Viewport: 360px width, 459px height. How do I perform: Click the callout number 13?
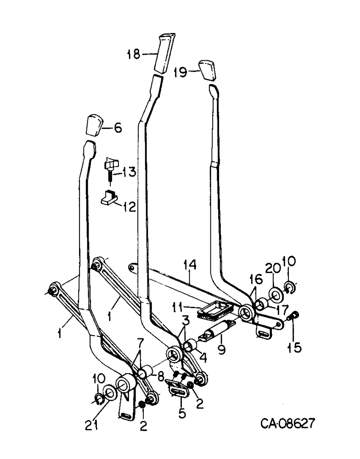point(129,173)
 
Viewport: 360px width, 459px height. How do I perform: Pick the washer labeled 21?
point(109,392)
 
